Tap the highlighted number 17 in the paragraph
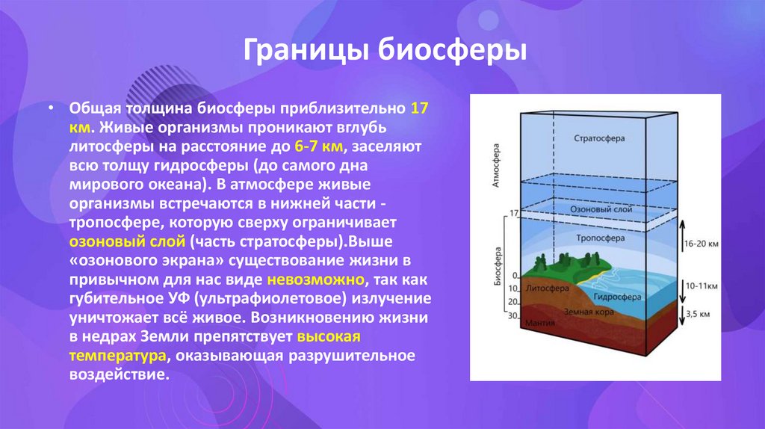point(419,107)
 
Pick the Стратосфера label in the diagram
point(600,139)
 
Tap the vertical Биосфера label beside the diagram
point(496,267)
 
